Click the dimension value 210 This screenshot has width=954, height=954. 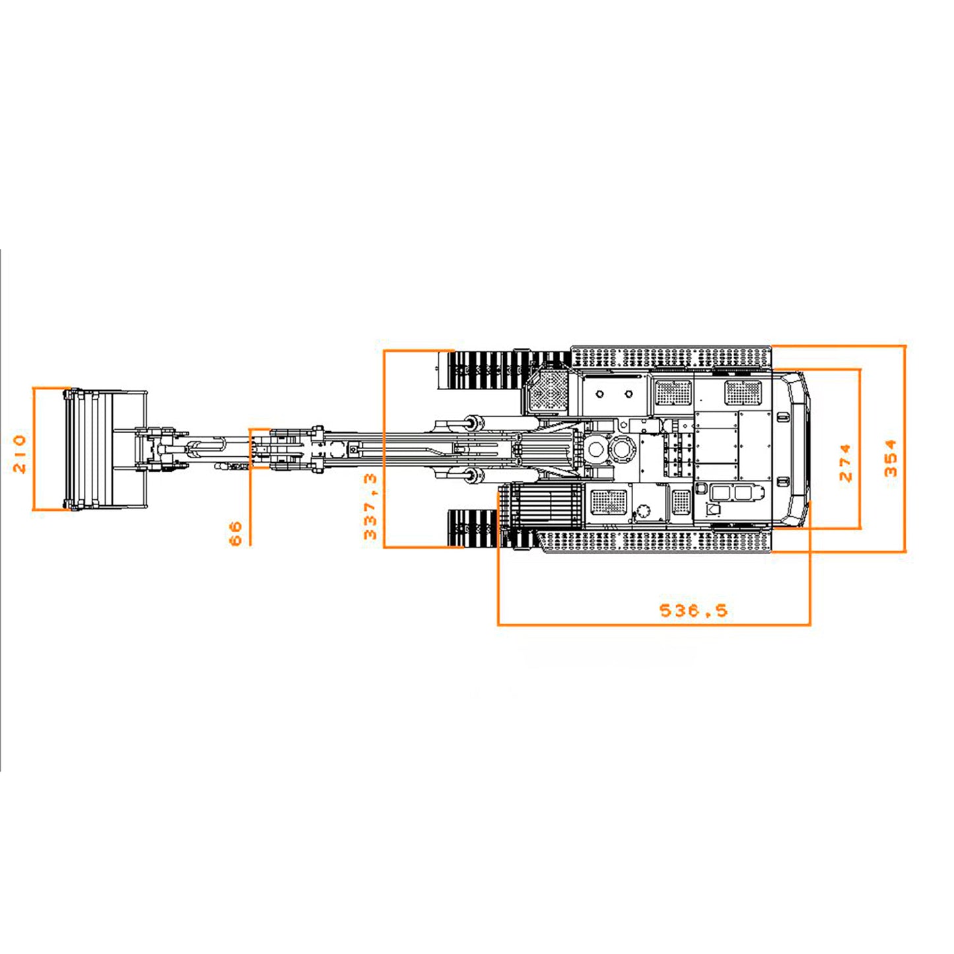point(20,454)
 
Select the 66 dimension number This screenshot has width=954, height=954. point(236,533)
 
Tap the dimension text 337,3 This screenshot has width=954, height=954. point(370,506)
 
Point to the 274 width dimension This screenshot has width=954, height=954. point(846,462)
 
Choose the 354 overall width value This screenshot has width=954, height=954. point(891,458)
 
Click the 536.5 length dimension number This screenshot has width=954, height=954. point(694,610)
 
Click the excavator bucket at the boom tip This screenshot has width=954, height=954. point(105,449)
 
